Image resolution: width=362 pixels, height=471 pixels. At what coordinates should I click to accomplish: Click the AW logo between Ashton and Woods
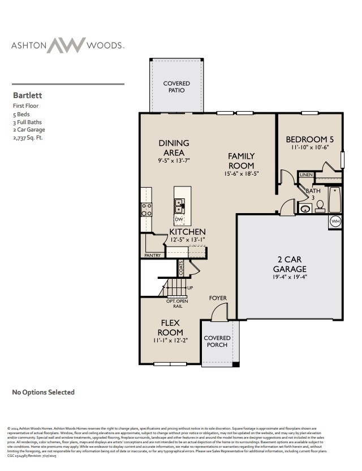click(x=66, y=45)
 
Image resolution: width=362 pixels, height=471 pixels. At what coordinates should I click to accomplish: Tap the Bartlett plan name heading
click(x=28, y=96)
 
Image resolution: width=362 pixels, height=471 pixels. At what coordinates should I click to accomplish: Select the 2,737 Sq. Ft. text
click(x=28, y=138)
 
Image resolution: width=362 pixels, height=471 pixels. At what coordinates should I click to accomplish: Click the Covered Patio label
click(x=176, y=87)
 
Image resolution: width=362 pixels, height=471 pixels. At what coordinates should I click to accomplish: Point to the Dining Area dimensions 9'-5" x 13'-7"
click(x=174, y=160)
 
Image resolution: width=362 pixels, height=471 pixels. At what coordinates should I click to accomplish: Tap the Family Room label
click(x=241, y=160)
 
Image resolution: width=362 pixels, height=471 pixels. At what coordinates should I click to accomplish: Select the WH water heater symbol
click(x=335, y=221)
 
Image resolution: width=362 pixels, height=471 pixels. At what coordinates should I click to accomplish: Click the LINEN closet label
click(x=306, y=175)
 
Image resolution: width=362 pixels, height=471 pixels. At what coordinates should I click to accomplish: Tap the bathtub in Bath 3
click(x=335, y=199)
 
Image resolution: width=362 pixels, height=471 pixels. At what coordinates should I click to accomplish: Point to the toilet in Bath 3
click(x=320, y=206)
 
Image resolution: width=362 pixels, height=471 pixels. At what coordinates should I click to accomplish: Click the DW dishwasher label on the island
click(x=179, y=219)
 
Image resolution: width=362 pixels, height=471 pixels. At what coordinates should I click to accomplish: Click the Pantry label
click(x=152, y=256)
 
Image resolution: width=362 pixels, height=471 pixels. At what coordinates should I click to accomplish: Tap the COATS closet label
click(x=181, y=268)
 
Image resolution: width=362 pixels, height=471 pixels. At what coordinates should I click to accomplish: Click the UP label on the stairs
click(x=190, y=288)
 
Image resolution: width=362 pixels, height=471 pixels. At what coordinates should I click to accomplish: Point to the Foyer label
click(x=218, y=298)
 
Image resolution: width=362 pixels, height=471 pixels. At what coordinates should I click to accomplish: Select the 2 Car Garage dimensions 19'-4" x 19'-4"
click(x=290, y=277)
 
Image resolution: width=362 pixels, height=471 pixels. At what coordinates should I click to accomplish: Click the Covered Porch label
click(x=217, y=341)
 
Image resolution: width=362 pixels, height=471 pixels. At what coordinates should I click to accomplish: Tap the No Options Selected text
click(x=44, y=392)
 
